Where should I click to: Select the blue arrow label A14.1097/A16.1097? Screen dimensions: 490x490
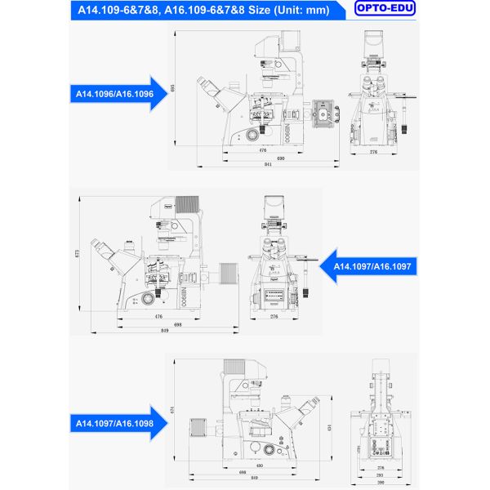click(371, 266)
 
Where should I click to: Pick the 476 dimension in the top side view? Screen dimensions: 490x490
click(263, 150)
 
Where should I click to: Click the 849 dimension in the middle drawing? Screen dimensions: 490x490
click(166, 331)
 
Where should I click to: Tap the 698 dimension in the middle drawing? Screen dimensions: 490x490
click(177, 323)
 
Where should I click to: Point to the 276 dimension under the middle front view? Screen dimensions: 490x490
click(274, 315)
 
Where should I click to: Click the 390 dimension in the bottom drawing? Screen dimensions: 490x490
click(381, 483)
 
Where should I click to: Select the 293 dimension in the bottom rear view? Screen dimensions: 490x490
click(381, 474)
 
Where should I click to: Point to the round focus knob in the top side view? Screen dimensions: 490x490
click(256, 131)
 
